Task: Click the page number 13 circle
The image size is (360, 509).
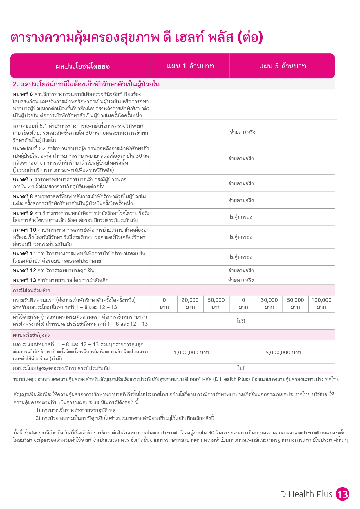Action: (x=342, y=494)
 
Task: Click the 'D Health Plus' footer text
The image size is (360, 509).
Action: (x=306, y=494)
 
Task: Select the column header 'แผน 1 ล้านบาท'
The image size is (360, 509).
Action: (x=190, y=66)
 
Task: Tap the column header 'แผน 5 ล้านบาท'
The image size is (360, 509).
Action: (x=283, y=66)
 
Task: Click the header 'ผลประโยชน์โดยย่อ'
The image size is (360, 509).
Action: (x=83, y=66)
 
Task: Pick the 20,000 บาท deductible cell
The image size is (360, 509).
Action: (x=190, y=304)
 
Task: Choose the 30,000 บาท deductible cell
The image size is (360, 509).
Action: (x=269, y=304)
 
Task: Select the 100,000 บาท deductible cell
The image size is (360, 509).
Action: (x=321, y=304)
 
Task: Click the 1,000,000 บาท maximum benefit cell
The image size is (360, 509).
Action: (x=191, y=353)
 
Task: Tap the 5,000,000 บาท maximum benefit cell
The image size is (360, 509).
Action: (x=283, y=353)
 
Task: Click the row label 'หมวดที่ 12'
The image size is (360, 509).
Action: (x=24, y=270)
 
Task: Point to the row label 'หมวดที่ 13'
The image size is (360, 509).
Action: (x=24, y=280)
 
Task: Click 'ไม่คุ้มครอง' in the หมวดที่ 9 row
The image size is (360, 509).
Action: (x=241, y=217)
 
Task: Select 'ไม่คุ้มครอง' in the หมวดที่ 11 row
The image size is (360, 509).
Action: (x=241, y=257)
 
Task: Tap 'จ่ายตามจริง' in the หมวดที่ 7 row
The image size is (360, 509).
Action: (x=241, y=183)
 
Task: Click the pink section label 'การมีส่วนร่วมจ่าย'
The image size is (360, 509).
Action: (x=31, y=290)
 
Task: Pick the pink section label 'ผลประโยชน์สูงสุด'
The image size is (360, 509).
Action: (x=32, y=335)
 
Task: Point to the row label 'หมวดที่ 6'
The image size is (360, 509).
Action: (x=23, y=94)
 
